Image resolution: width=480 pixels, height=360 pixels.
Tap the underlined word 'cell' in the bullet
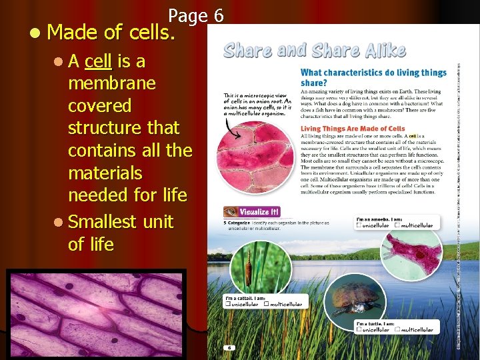99,62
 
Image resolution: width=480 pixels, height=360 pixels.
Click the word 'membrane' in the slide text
111,84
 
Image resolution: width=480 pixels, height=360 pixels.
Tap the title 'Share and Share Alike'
314,51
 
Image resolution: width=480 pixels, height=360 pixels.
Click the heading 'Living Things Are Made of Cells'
353,128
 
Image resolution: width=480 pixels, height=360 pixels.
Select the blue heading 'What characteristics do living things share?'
373,77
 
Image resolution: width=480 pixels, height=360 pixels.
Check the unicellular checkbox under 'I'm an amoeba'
359,225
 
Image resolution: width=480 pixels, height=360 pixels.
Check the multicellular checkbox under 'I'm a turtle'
397,329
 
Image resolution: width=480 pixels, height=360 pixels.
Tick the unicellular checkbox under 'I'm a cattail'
227,304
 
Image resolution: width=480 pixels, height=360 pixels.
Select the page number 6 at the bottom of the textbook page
229,347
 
